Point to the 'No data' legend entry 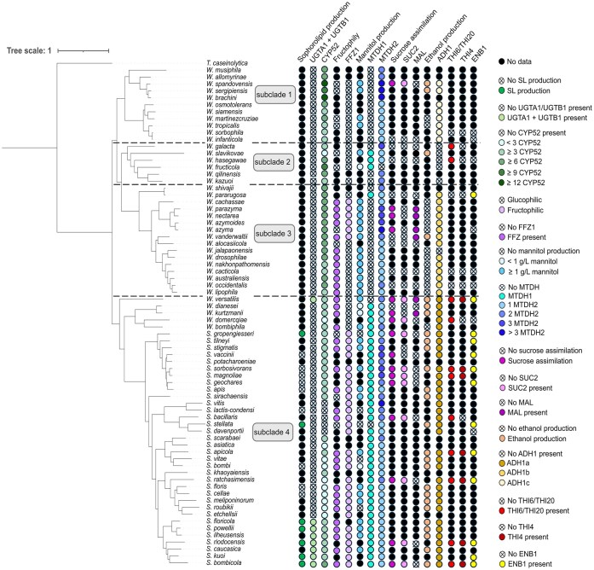click(532, 62)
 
